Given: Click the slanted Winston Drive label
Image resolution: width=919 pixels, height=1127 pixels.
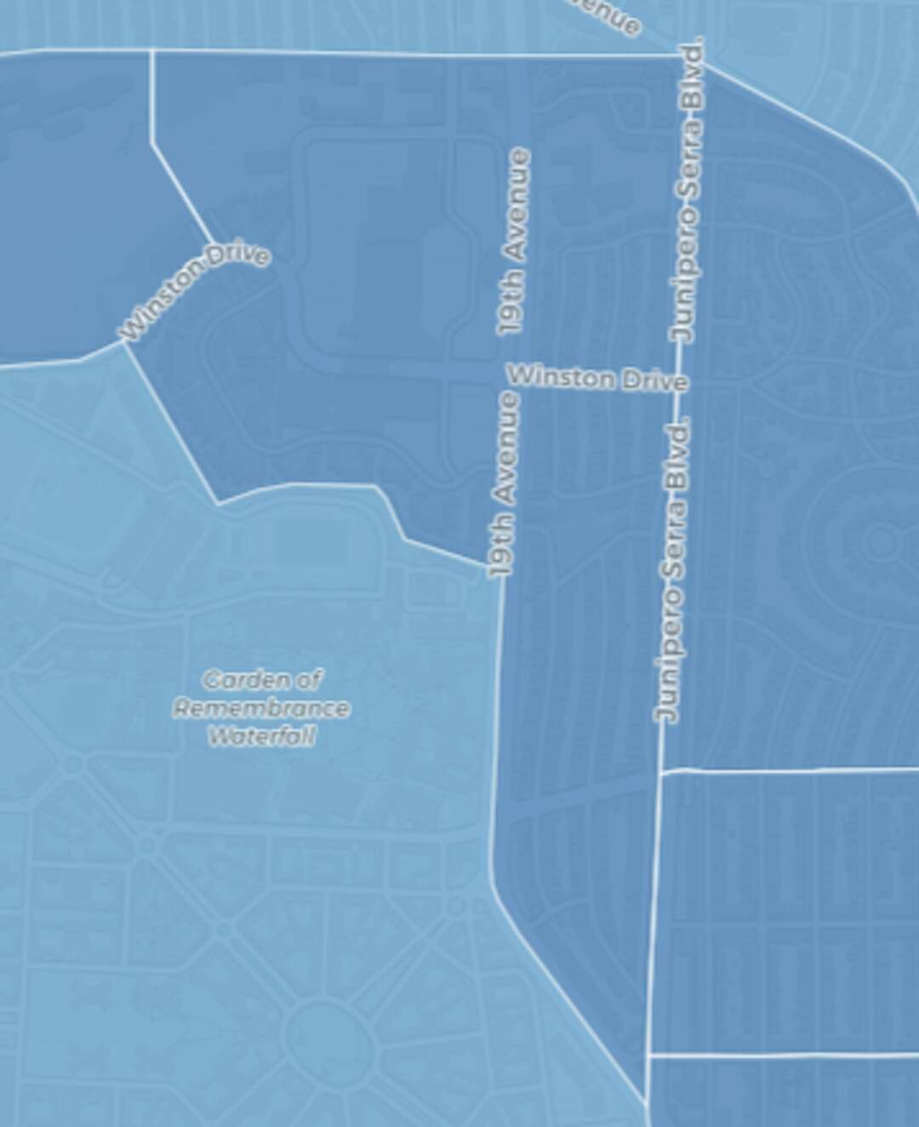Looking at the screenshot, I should [196, 292].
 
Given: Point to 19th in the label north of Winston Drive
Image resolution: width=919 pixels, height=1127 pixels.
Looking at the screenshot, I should [512, 307].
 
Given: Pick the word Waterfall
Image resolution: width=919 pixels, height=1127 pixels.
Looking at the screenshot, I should [262, 736].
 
